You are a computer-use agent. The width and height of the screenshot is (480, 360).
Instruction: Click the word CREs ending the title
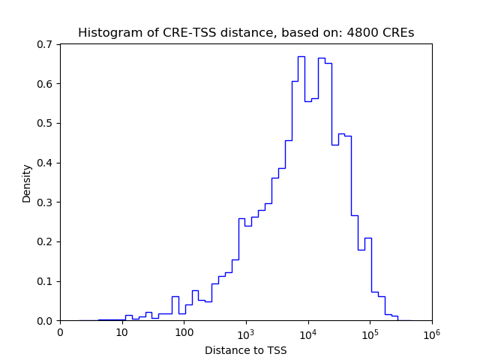click(397, 33)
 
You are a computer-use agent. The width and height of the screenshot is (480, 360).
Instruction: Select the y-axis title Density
click(27, 183)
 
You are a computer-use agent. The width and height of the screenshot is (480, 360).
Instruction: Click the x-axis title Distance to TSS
click(246, 349)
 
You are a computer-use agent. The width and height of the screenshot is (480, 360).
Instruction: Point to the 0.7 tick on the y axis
click(46, 44)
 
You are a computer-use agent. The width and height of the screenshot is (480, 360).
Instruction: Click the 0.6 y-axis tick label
click(46, 84)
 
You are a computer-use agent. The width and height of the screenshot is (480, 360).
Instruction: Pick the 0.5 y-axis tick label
click(46, 123)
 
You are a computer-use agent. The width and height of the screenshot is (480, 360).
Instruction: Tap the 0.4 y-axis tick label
click(46, 163)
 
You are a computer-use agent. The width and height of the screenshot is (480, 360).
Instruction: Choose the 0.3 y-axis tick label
click(46, 202)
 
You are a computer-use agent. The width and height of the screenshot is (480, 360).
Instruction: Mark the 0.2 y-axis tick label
click(46, 241)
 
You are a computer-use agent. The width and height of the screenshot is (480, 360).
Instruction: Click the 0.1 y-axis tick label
click(46, 281)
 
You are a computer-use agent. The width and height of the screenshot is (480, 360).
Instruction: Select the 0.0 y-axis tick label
click(46, 321)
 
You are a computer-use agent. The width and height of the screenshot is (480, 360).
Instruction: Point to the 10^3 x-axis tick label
click(246, 332)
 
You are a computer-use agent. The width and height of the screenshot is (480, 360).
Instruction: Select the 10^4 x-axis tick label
click(308, 332)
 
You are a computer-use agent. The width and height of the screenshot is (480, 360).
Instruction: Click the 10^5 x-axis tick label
click(370, 332)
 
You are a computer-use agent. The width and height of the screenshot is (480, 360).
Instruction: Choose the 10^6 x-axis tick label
click(432, 332)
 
